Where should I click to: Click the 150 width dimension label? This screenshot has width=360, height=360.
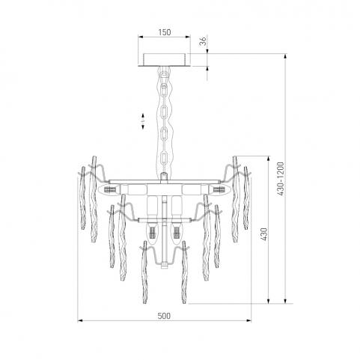point(165,32)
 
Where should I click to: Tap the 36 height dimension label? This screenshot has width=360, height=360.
point(204,41)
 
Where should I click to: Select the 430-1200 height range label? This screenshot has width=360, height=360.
point(281,179)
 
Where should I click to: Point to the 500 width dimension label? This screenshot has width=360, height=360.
point(164,316)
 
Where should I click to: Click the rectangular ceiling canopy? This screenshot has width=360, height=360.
point(165,60)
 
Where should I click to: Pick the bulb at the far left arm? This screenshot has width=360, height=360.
point(109,190)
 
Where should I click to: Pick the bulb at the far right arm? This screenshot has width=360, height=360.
point(219,190)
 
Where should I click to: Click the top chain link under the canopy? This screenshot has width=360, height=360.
point(164,76)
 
